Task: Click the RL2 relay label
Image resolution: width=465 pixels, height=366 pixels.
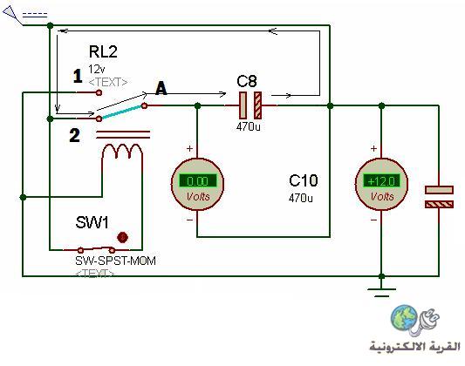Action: pos(103,51)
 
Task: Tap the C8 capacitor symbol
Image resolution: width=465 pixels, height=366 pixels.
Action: pos(250,105)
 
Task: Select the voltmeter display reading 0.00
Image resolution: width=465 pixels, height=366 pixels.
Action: pos(198,180)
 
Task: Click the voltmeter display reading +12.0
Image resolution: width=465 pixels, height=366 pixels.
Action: pos(381,180)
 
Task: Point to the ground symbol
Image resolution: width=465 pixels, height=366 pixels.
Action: pos(381,292)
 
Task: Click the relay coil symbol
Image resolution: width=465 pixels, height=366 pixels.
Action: pos(122,152)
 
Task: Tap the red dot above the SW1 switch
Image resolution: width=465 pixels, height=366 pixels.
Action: pos(122,237)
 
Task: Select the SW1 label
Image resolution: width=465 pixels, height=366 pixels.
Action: pos(92,222)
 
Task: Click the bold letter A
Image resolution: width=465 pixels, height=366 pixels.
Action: pos(161,88)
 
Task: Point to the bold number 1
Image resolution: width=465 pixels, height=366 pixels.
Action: pos(78,76)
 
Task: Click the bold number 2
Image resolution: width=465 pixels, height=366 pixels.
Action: pos(74,136)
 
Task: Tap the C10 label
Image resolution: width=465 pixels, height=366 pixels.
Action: pos(303,180)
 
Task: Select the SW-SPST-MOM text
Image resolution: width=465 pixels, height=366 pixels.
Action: pos(116,261)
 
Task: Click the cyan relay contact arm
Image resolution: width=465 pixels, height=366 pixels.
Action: pos(121,112)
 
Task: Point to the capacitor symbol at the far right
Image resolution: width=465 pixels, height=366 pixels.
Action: pos(439,197)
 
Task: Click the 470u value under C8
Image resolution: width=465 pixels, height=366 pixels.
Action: pos(249,126)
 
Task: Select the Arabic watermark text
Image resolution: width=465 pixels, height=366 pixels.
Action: pos(414,346)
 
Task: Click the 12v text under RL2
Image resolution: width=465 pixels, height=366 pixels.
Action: pos(96,70)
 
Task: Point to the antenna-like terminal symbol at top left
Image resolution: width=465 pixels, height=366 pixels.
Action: pos(13,16)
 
